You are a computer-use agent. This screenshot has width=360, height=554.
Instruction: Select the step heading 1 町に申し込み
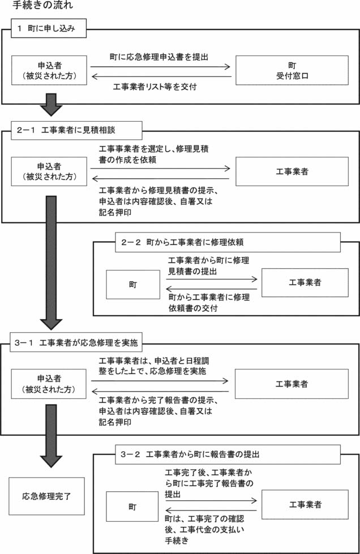click(49, 29)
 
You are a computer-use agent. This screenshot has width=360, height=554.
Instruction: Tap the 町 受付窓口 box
click(291, 70)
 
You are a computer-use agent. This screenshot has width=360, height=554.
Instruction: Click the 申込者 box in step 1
click(49, 70)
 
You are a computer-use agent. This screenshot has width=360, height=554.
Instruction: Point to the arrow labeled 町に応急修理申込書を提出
click(161, 68)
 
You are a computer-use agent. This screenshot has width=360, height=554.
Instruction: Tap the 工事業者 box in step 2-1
click(292, 171)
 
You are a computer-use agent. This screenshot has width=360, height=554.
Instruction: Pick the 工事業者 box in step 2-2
click(305, 282)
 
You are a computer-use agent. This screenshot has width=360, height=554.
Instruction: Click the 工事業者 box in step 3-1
click(292, 384)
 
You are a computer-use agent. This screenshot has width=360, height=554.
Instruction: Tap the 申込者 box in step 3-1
click(49, 384)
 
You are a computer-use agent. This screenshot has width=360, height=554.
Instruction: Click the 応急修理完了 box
click(46, 496)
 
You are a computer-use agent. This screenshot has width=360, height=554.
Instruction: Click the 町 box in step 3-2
click(132, 506)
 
